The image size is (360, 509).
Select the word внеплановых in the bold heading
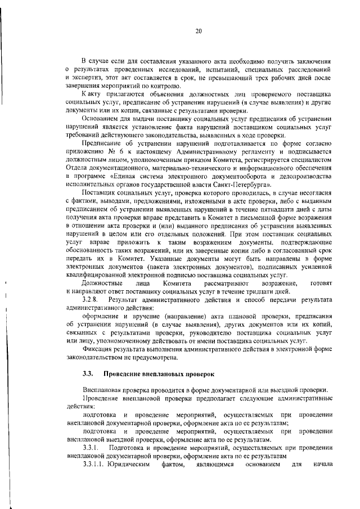(152, 373)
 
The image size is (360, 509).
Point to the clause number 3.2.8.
(91, 300)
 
